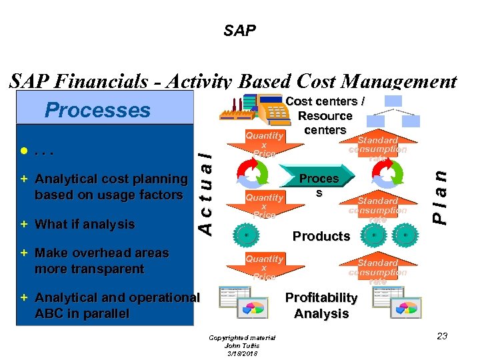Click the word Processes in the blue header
[97, 110]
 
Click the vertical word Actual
[208, 189]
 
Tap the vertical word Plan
[438, 193]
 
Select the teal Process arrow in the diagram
[319, 185]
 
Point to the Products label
[321, 236]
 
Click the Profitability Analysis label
[321, 305]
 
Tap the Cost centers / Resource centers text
[325, 115]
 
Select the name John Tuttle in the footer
[241, 345]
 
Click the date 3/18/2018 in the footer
[241, 353]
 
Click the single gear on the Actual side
[246, 235]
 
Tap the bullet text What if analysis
[84, 225]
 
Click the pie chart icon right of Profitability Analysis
[405, 308]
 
